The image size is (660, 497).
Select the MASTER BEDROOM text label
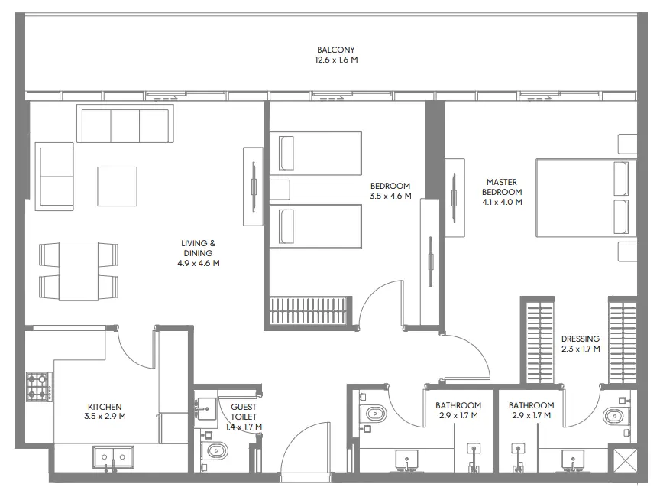click(x=503, y=187)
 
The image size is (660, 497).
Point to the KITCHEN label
click(x=105, y=407)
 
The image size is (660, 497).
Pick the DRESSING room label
click(x=581, y=339)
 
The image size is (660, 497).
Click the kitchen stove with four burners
click(x=37, y=386)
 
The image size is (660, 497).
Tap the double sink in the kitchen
click(x=113, y=457)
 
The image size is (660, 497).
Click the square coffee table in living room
click(x=117, y=186)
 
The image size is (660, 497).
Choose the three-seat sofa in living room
click(x=123, y=125)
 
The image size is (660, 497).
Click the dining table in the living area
click(x=79, y=271)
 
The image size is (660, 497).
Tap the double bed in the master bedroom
click(x=585, y=197)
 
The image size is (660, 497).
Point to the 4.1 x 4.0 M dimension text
click(x=503, y=203)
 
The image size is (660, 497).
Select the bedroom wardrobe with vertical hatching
click(x=309, y=313)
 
